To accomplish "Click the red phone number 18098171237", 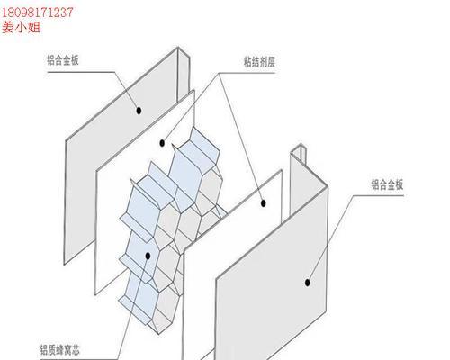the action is [38, 13].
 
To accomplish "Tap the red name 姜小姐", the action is [21, 27].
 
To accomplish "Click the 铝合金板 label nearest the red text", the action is [63, 60].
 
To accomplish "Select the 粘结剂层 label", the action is [259, 62].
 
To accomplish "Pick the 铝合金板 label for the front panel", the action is [388, 184].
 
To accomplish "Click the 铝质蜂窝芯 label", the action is [60, 350].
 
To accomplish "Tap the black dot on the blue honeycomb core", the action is [148, 256].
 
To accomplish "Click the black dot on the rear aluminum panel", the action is [139, 111].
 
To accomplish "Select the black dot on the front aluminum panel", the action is [307, 283].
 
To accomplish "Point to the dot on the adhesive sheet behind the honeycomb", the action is [162, 143].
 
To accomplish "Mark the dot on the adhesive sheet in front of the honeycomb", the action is [264, 203].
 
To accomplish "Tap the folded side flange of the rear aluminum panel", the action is [184, 75].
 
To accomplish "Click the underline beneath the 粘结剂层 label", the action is [247, 73].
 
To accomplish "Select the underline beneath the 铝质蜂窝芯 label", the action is [79, 359].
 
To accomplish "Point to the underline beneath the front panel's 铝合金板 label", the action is [379, 195].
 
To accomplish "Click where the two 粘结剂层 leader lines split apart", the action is [220, 73].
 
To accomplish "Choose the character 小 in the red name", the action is [21, 27].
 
